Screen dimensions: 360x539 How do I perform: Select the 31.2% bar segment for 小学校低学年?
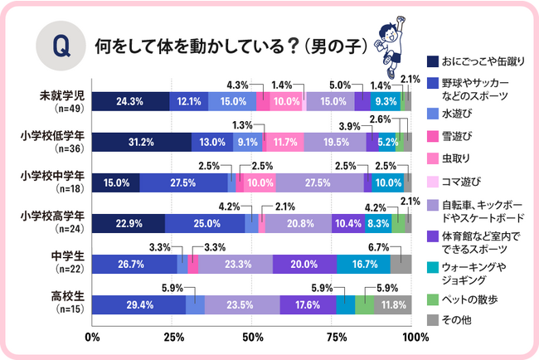pos(141,142)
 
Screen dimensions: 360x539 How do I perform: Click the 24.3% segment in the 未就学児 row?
pos(131,101)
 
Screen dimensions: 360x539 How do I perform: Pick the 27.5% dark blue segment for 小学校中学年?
pos(184,182)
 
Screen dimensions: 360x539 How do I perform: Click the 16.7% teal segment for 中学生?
pos(363,264)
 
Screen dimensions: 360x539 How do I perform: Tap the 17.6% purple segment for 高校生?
pos(308,304)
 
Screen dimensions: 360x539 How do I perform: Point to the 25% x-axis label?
pos(172,337)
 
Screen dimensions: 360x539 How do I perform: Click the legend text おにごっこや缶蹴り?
pos(481,61)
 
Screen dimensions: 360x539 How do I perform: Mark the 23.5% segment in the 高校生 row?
pos(242,304)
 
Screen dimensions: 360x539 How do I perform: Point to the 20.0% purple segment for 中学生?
pos(304,264)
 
